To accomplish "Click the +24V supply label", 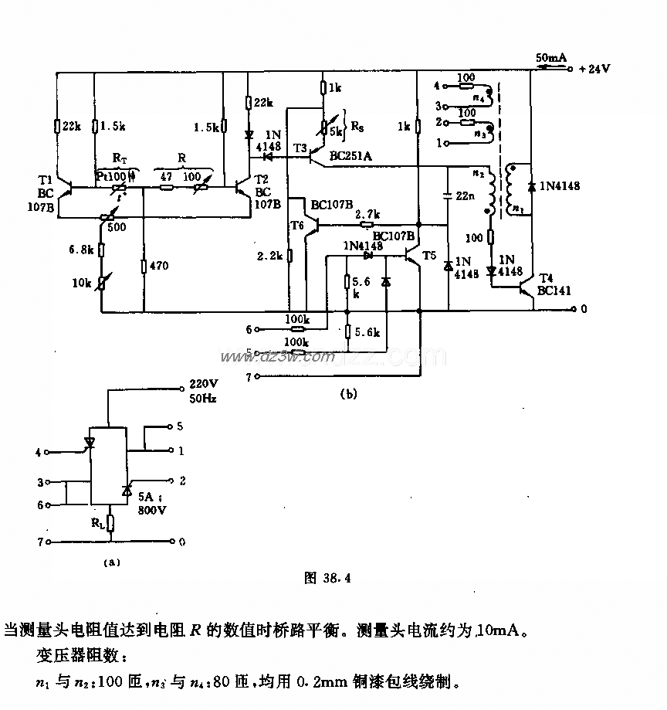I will [x=594, y=68].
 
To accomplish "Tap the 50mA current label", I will [x=552, y=58].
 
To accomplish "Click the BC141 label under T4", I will [x=553, y=291].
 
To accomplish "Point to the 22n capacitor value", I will [x=466, y=196].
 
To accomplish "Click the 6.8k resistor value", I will [x=80, y=250].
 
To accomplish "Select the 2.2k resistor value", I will [x=272, y=254].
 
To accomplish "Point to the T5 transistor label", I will [x=429, y=254].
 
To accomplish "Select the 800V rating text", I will [x=151, y=511].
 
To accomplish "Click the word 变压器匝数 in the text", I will [x=73, y=657].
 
